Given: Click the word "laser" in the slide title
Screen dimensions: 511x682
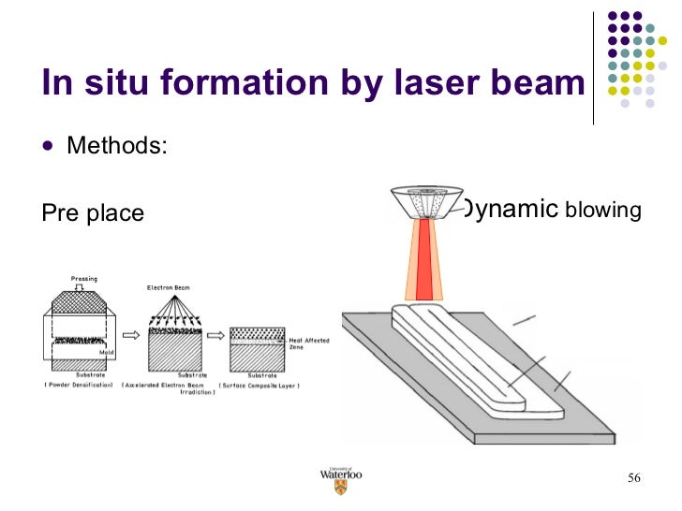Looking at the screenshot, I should (x=401, y=83).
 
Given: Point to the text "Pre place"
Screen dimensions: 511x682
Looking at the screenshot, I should (x=93, y=213).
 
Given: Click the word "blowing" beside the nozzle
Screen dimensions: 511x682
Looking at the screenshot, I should (x=602, y=211).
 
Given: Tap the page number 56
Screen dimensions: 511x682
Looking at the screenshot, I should (x=633, y=479).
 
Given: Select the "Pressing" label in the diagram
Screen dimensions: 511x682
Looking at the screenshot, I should (x=84, y=278).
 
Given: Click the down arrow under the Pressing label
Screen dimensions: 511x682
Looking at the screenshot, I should (x=84, y=287).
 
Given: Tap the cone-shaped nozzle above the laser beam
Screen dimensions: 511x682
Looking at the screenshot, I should (x=425, y=201).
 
